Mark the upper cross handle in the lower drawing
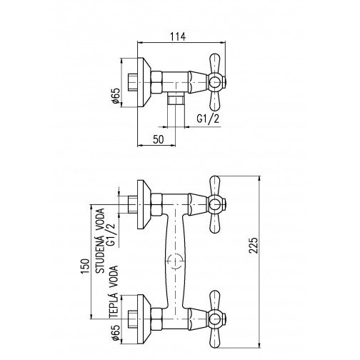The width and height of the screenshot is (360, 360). [x=215, y=206]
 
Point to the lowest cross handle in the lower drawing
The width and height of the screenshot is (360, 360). [x=215, y=314]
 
